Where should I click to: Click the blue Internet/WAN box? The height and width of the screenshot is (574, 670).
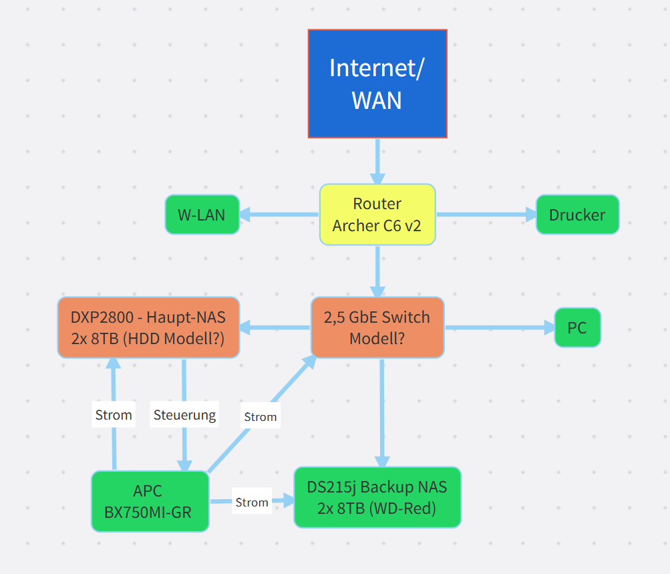[377, 84]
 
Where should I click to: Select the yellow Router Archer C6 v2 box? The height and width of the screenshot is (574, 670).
[377, 214]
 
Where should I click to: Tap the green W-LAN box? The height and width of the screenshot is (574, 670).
[202, 214]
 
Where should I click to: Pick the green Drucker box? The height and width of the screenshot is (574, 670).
[577, 214]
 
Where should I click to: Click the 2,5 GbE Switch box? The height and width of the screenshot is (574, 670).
[377, 327]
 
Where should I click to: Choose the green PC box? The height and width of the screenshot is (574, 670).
[577, 327]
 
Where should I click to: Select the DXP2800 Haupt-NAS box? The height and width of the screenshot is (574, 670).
[148, 327]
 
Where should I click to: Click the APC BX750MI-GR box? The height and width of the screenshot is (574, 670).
[150, 501]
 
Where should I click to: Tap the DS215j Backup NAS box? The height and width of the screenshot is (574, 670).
[377, 497]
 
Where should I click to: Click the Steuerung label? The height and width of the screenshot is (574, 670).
[184, 415]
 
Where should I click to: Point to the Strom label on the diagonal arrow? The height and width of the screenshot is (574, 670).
[261, 417]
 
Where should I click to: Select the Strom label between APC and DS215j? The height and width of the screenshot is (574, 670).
[252, 503]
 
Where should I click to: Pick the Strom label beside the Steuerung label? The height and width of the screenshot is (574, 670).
[114, 415]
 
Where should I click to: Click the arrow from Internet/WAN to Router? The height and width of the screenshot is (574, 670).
[377, 161]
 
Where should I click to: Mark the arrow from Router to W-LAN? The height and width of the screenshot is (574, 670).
[279, 214]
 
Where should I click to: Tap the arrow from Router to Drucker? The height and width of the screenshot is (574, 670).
[486, 214]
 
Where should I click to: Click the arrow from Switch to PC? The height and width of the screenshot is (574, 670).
[500, 327]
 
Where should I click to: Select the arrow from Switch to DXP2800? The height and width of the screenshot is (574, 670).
[275, 327]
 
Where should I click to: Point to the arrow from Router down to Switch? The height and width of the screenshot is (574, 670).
[377, 271]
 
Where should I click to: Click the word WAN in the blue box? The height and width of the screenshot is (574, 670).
[377, 100]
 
